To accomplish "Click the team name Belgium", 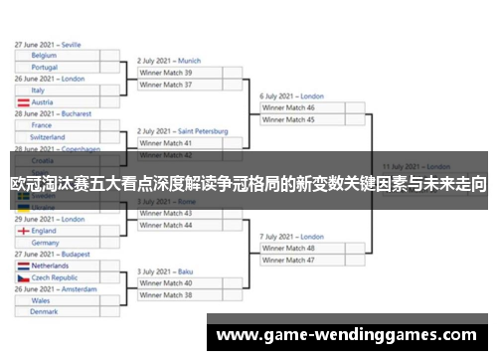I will click(44, 56).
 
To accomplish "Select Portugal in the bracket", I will click(45, 68).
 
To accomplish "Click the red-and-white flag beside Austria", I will click(23, 102).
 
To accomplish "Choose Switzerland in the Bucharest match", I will click(49, 137).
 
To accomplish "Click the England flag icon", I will click(23, 231).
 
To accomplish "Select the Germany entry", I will click(46, 243).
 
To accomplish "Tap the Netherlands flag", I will click(23, 267).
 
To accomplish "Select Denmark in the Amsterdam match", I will click(44, 312).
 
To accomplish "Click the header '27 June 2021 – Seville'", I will click(49, 45).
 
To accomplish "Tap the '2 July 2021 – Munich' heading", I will click(169, 61).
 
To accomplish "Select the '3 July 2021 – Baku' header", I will click(165, 271).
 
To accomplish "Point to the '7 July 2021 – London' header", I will click(292, 237).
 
